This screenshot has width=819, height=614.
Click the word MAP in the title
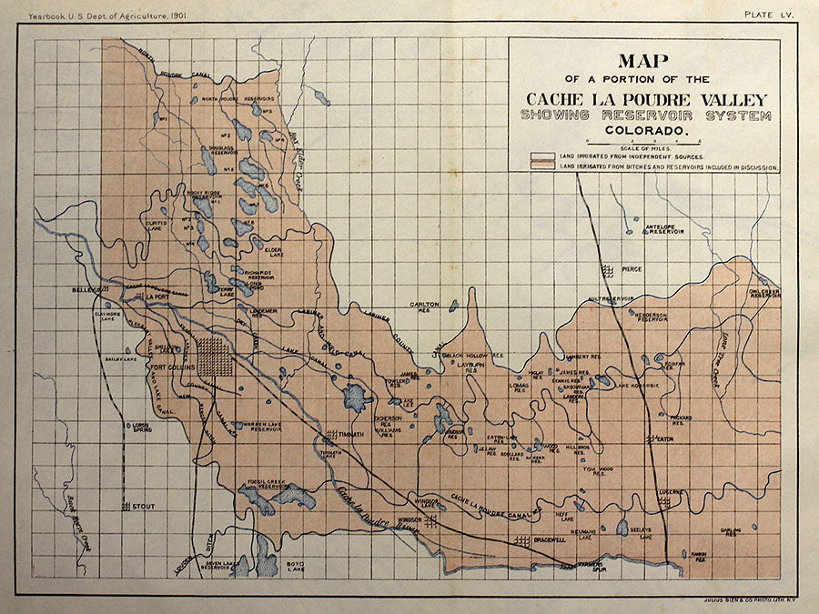[x=645, y=62]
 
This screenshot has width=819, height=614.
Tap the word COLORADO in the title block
[x=645, y=131]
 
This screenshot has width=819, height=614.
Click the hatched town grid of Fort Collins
[x=214, y=357]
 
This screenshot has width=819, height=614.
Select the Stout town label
[x=143, y=505]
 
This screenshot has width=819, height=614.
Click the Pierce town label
[x=632, y=269]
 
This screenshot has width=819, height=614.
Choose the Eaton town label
[x=664, y=438]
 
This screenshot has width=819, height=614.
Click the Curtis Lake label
[x=157, y=225]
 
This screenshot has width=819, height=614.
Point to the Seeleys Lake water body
[x=622, y=527]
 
